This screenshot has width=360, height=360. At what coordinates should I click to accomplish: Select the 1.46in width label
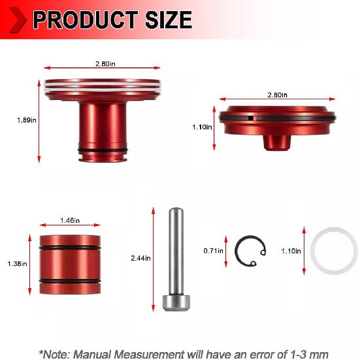coord(69,220)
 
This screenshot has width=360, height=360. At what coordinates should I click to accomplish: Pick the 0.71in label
coord(212,250)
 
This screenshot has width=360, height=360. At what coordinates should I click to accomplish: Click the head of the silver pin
coord(174,302)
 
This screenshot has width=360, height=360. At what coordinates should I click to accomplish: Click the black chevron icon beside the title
coord(18,20)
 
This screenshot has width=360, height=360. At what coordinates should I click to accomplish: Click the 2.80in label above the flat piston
coord(277,94)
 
